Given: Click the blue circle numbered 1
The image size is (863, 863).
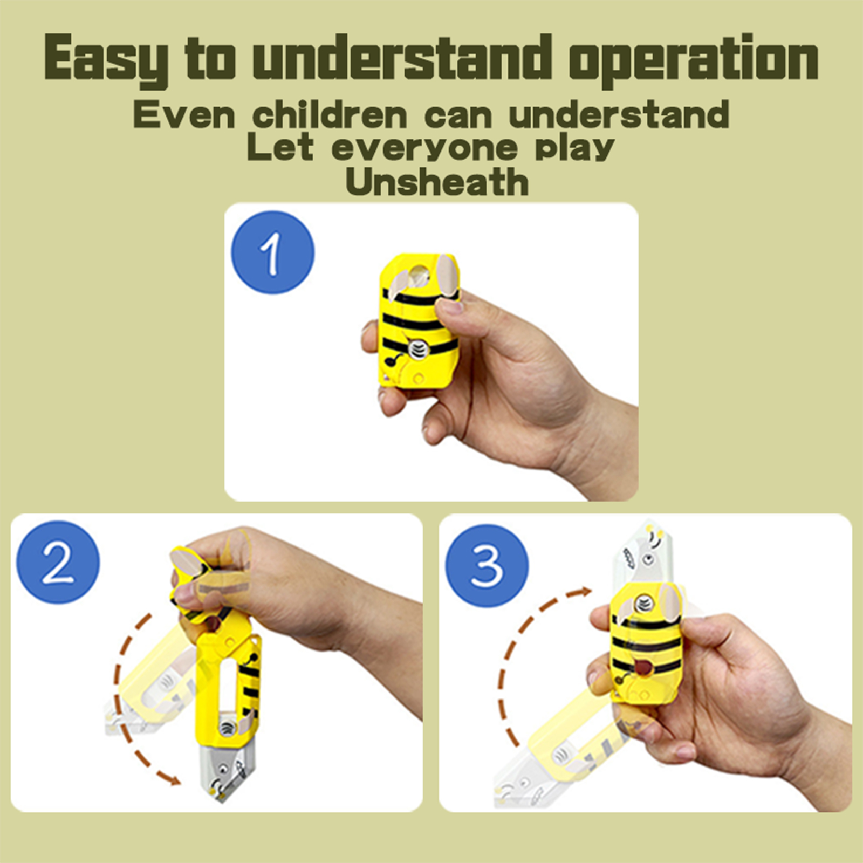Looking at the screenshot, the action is pos(272,252).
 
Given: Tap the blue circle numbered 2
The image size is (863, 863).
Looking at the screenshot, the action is pos(58,562).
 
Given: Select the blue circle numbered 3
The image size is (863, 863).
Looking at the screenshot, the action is pos(487,566).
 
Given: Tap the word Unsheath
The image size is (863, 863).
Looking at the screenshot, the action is pos(437,182).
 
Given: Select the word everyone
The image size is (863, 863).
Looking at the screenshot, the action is pos(424,148).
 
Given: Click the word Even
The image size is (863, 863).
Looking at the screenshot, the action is pos(184,115).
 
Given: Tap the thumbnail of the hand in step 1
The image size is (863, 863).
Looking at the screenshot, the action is pos(447,306).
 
